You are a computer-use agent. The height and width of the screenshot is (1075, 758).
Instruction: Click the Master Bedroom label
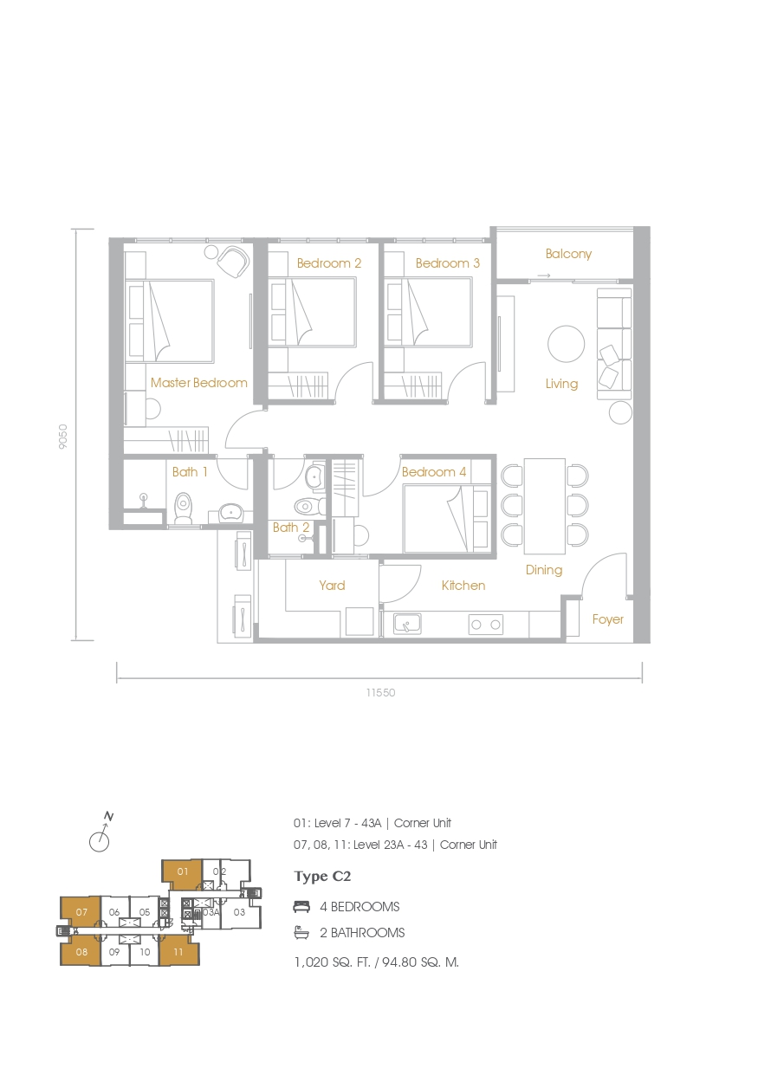coord(198,382)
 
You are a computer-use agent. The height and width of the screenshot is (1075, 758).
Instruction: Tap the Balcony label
coord(568,254)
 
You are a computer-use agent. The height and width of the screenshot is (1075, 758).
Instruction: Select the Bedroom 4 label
coord(434,472)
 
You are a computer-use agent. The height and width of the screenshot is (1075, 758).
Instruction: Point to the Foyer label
coord(607,619)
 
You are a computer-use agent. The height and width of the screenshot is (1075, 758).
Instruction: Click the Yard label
coord(332,586)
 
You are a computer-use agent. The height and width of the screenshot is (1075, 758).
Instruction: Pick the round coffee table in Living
coord(567,344)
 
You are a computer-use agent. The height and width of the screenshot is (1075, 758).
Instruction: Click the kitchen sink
coord(407,623)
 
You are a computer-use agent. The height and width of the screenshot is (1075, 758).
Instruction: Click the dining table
coord(544,506)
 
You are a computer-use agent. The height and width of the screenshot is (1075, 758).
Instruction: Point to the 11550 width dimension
coord(380,693)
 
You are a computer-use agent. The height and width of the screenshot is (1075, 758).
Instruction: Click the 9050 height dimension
coord(62,436)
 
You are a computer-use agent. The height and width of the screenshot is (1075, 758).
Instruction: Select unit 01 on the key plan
coord(182,872)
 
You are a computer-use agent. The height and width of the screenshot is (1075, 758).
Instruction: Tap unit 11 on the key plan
coord(178,951)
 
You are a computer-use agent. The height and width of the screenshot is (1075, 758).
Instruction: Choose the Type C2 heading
coord(322,877)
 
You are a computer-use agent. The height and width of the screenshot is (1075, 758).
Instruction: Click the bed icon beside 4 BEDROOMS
coord(302,907)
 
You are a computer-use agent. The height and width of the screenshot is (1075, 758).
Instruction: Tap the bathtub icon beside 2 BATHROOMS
coord(302,933)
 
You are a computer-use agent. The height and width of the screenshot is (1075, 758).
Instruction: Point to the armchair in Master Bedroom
coord(233,261)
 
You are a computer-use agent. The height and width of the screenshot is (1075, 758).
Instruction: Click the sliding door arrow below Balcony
coord(543,276)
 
